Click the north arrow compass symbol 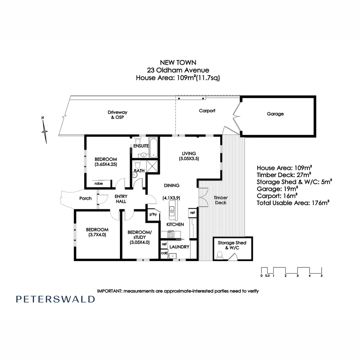point(44,131)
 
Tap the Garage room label point(275,114)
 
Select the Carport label point(207,111)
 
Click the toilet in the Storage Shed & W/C point(220,255)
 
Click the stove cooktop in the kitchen point(171,234)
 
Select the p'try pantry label point(153,214)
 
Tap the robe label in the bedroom point(98,183)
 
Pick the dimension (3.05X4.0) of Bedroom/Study point(140,243)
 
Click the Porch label point(85,198)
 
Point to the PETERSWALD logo point(55,299)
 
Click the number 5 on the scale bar point(322,276)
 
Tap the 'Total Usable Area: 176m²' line point(293,202)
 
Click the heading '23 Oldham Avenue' point(178,70)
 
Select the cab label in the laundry point(164,253)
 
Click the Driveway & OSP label point(117,115)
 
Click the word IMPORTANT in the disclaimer point(110,291)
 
